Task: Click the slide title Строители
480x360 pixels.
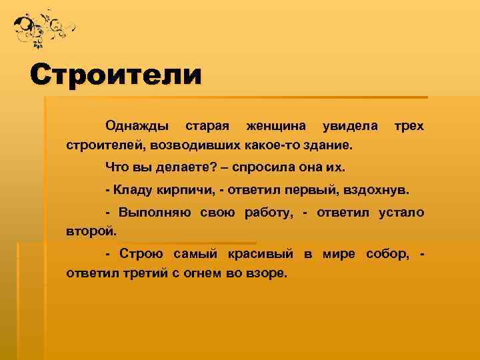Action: coord(115,73)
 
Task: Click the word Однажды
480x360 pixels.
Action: coord(137,125)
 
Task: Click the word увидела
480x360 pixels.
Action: coord(349,125)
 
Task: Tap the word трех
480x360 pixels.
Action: coord(409,125)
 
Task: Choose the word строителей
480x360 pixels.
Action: coord(105,145)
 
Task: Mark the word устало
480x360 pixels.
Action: coord(401,213)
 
